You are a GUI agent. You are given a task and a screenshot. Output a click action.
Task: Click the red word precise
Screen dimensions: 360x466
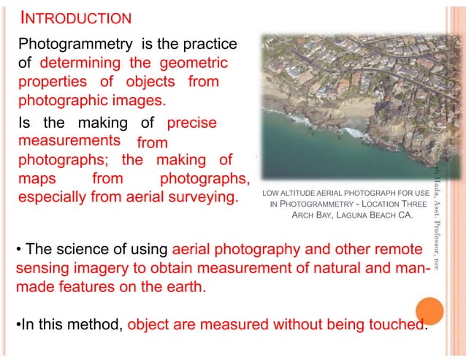click(x=191, y=122)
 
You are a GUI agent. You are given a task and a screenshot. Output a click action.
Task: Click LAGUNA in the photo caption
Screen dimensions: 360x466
click(x=347, y=216)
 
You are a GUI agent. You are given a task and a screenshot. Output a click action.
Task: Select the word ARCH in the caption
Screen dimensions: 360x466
click(x=304, y=216)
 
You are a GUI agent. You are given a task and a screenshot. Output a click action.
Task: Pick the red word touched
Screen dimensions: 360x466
click(x=397, y=323)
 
